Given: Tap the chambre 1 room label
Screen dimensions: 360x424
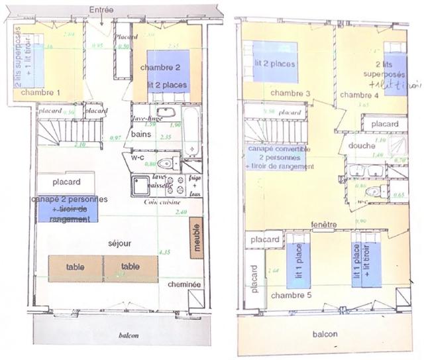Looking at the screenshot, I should (40, 93).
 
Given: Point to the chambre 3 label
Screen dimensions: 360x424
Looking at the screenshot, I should (291, 93).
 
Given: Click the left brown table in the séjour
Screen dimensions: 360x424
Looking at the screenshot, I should (76, 267).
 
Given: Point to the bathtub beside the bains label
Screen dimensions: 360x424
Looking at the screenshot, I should (191, 132).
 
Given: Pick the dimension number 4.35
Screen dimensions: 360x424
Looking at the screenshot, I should (164, 252).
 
